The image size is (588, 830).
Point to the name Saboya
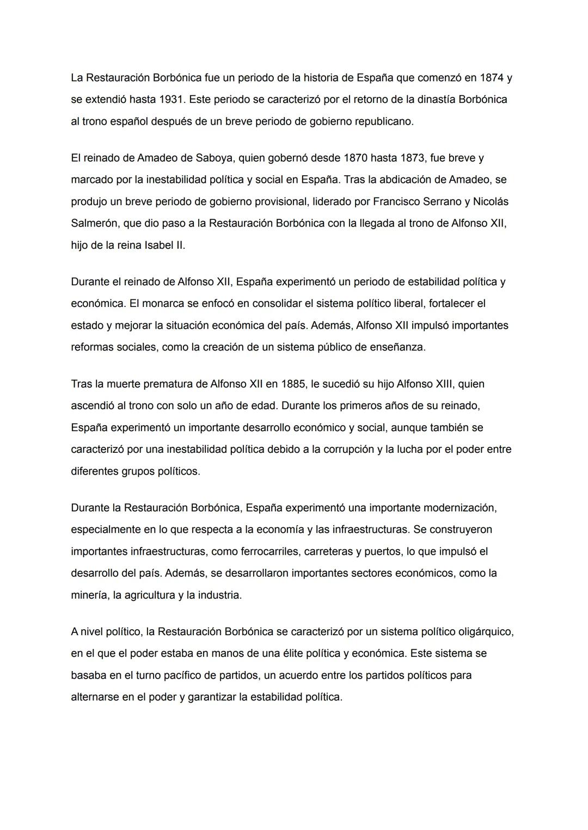point(214,158)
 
